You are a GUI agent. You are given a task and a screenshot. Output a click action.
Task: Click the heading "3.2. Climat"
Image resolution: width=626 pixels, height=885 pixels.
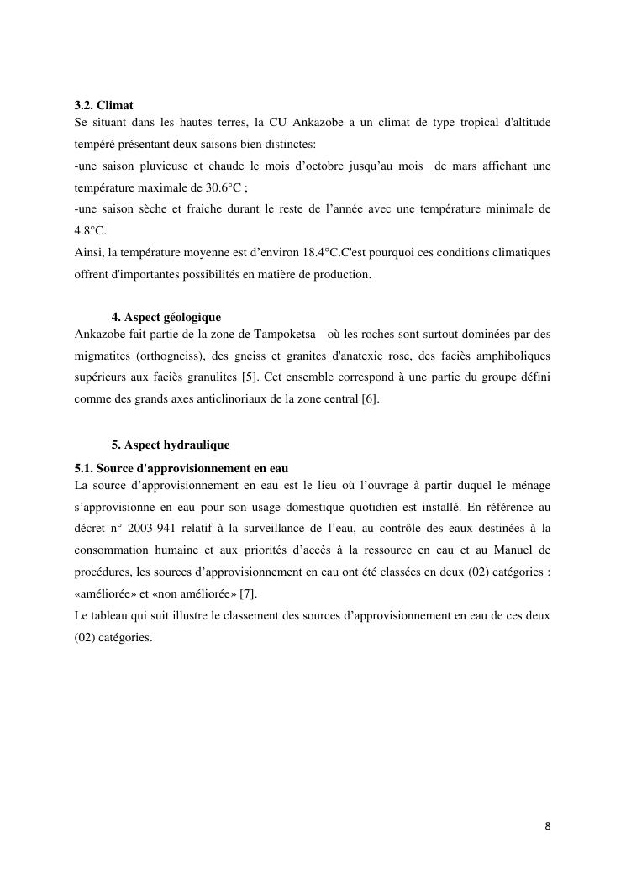coord(104,106)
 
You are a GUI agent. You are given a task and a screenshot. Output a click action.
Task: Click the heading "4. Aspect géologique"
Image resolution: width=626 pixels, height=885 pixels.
coord(166,317)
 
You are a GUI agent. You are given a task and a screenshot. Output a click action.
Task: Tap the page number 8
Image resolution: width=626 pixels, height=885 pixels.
coord(548,825)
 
